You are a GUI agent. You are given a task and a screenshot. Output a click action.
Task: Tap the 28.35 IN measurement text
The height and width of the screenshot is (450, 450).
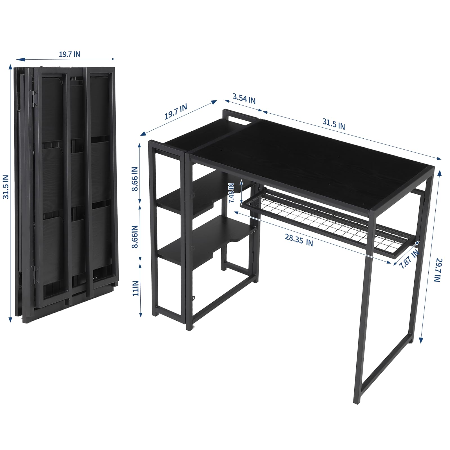point(299,240)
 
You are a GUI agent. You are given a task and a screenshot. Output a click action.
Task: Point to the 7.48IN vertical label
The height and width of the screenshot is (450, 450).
point(231,193)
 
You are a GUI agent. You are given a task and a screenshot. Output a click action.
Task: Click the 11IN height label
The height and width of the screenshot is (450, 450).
point(136,288)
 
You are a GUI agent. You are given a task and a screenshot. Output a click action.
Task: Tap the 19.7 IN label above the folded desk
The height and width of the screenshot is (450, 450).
point(69,54)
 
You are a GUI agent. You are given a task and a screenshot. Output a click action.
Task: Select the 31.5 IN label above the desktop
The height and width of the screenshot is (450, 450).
point(334,124)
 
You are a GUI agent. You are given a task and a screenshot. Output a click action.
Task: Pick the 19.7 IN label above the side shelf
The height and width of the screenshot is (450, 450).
point(176,112)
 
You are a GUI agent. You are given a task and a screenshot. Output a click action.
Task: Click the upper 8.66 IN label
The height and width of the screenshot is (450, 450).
point(135,179)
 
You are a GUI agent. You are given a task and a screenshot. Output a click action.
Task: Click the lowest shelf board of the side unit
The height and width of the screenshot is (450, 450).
point(202,242)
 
